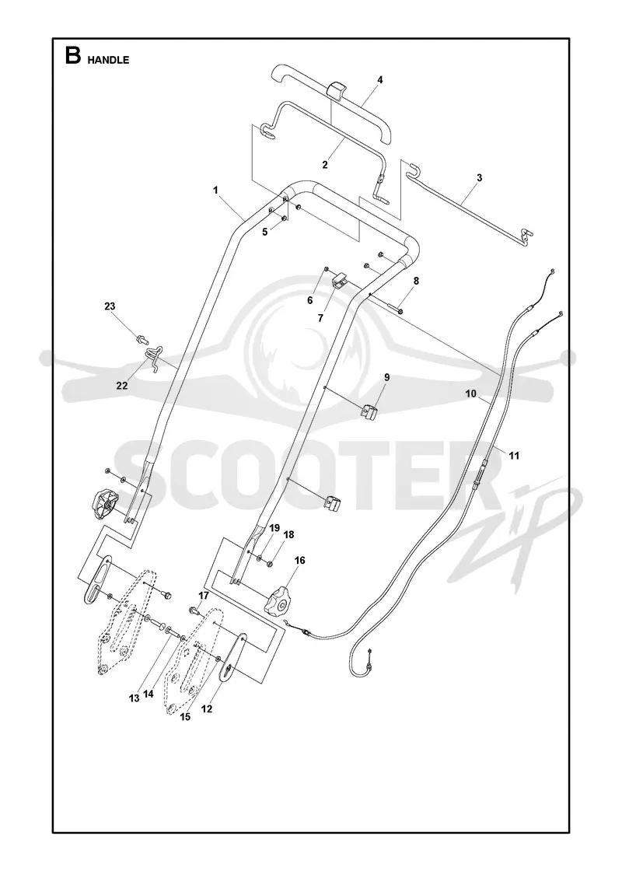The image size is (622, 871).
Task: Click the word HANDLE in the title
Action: [x=108, y=60]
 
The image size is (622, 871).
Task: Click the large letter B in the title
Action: [x=73, y=56]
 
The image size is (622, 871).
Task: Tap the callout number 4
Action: [x=380, y=80]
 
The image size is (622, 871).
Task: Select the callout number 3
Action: [x=479, y=178]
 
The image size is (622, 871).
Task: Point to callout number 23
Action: [x=110, y=306]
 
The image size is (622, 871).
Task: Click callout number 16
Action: [x=299, y=561]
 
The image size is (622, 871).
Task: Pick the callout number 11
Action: [x=514, y=456]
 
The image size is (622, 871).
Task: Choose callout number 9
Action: [x=386, y=378]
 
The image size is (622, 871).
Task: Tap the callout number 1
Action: [x=215, y=190]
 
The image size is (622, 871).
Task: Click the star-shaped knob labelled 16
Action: [x=278, y=602]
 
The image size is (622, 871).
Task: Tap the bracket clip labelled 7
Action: [x=339, y=279]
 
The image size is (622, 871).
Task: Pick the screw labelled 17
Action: [x=194, y=611]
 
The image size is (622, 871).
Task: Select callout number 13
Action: [x=134, y=699]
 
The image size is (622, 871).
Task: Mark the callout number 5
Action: [x=265, y=232]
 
